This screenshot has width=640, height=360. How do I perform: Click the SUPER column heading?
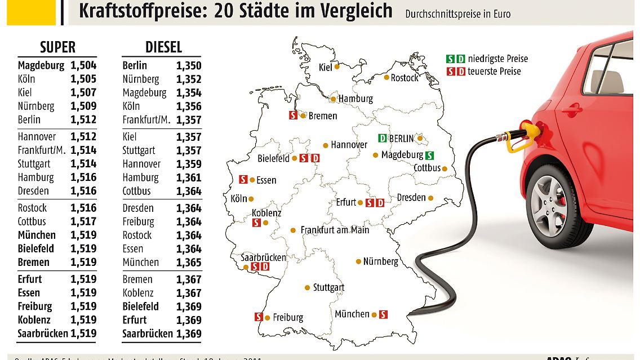click(57, 47)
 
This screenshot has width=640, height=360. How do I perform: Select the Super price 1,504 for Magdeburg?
click(83, 65)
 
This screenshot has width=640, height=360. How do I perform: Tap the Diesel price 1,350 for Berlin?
click(189, 65)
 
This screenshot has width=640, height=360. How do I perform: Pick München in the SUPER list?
click(37, 235)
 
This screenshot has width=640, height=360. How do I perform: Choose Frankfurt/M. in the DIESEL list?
click(146, 120)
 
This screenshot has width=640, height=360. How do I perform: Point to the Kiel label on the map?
click(325, 67)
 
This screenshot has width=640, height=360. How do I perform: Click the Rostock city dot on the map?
click(387, 77)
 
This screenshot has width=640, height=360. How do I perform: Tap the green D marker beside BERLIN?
click(383, 139)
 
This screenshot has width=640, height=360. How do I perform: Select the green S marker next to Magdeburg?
click(430, 155)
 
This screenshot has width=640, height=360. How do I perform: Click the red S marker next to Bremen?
click(293, 115)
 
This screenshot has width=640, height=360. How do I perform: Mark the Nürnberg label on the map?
click(381, 261)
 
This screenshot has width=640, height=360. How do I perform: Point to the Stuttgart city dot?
click(307, 287)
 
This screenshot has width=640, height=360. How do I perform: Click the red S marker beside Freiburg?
click(259, 317)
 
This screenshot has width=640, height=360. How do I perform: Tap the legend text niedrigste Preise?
click(498, 59)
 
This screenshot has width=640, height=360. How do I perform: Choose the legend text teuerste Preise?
click(494, 72)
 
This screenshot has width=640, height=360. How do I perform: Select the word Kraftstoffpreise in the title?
click(143, 11)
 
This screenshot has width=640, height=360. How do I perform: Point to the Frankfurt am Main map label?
click(335, 230)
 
